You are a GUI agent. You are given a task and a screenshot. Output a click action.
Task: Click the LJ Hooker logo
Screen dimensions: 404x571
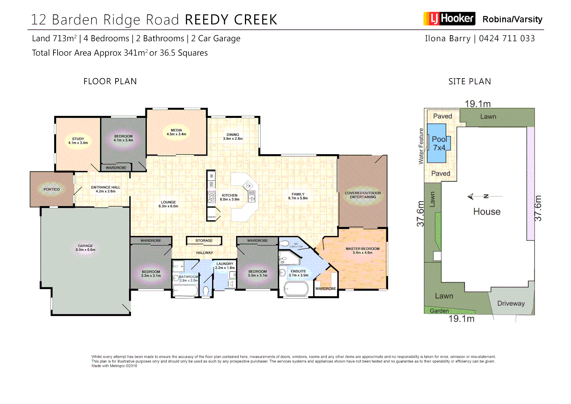[x=449, y=19]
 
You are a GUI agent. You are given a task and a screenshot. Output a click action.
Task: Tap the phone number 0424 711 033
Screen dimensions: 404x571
[x=507, y=39]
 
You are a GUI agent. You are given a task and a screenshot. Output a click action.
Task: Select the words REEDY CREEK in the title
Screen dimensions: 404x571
[x=231, y=20]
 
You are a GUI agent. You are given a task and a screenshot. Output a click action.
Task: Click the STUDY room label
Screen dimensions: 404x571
[x=78, y=141]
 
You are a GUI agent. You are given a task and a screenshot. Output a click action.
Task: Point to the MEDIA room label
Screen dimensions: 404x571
[x=176, y=132]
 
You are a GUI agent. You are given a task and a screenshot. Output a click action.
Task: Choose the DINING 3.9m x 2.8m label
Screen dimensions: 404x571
[x=233, y=137]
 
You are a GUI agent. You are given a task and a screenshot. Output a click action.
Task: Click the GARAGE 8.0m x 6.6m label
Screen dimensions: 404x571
[x=86, y=248]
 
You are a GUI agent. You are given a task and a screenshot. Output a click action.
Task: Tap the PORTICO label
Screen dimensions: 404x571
[x=52, y=189]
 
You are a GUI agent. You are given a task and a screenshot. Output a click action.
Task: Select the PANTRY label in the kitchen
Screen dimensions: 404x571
[x=212, y=217]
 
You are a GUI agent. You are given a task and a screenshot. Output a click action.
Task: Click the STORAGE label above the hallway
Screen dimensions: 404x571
[x=204, y=241]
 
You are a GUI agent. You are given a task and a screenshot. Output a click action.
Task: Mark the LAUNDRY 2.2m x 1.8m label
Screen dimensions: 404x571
[x=225, y=266]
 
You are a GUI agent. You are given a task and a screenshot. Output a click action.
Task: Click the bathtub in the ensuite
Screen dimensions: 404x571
[x=296, y=289]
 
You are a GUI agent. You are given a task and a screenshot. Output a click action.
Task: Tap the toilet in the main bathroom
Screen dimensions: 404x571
[x=206, y=291]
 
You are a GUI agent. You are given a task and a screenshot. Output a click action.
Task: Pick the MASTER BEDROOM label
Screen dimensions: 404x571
[x=362, y=250]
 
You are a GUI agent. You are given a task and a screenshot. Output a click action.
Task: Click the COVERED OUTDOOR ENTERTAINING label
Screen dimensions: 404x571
[x=363, y=195]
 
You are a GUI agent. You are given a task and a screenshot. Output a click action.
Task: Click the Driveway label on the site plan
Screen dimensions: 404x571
[x=511, y=303]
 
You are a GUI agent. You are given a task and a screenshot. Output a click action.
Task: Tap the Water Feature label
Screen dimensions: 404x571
[x=421, y=146]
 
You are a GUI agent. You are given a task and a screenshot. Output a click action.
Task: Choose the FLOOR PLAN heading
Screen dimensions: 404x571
[x=110, y=82]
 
